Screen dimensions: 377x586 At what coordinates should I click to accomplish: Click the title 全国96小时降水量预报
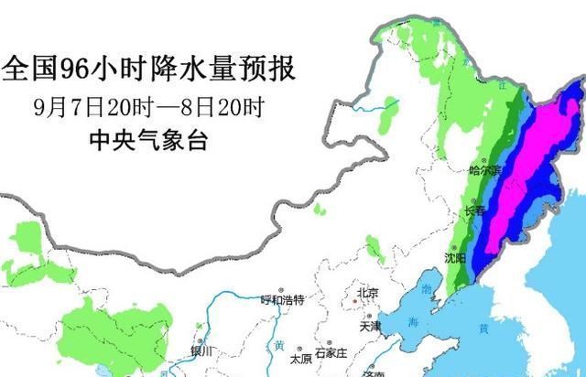tap(150, 67)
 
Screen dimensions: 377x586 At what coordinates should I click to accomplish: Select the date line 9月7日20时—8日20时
tap(148, 108)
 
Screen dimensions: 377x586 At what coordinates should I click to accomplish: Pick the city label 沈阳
tap(455, 258)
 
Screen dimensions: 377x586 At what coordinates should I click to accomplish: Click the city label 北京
tap(368, 293)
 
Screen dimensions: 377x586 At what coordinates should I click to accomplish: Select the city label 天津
tap(371, 325)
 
